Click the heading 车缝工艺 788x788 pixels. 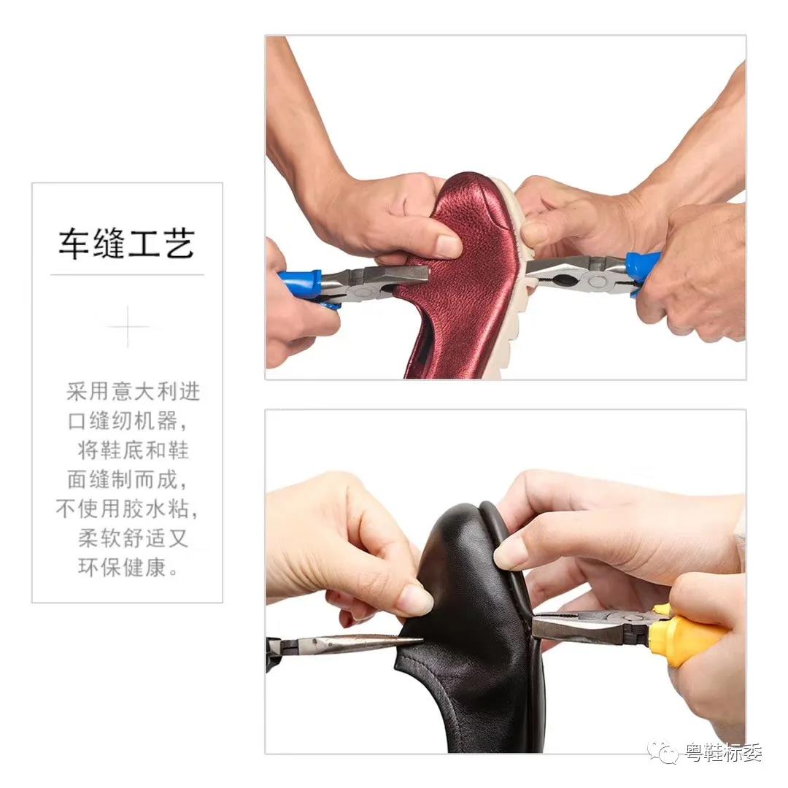pos(127,244)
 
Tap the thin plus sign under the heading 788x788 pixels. pos(128,327)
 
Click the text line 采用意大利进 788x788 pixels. pos(134,392)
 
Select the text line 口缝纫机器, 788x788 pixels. pos(128,421)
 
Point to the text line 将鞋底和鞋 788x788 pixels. pos(134,449)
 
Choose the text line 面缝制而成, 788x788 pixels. pos(128,479)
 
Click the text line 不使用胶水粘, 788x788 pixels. pos(127,509)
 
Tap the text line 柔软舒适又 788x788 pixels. pos(134,538)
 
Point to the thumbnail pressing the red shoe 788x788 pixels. pos(448,245)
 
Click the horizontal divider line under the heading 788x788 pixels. pos(127,275)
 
